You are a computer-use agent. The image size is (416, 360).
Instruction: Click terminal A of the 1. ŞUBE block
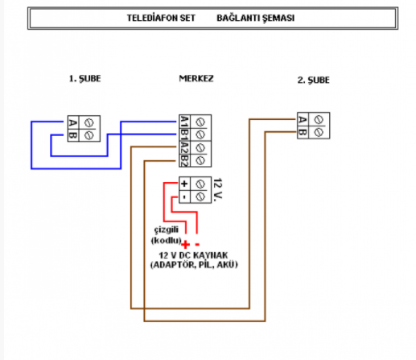coord(74,122)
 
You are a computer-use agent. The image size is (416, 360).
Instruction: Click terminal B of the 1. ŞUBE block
coord(74,135)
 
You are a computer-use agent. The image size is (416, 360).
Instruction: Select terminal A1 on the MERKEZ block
coord(184,122)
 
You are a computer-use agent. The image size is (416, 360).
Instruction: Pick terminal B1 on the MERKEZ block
coord(184,135)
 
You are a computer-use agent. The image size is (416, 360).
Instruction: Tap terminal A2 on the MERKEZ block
coord(184,148)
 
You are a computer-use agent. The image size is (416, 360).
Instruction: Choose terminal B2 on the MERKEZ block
coord(184,161)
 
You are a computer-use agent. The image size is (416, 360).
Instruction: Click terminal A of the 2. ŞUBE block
coord(303,119)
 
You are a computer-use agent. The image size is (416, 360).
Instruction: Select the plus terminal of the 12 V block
coord(184,183)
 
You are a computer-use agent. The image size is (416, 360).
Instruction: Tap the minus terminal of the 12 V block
coord(184,196)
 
